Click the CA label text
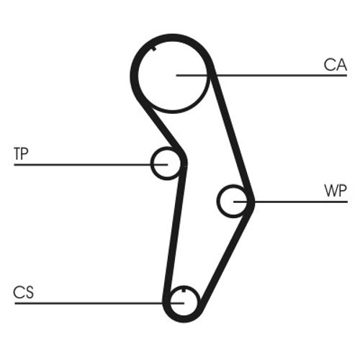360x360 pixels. (336, 65)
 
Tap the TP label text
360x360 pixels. (21, 153)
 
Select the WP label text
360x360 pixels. (336, 191)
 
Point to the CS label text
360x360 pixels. (23, 292)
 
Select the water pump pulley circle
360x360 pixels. (218, 201)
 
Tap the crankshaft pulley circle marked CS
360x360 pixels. (199, 301)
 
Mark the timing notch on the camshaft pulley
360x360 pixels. (154, 49)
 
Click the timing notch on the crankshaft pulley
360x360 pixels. (184, 290)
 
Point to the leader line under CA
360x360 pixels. (261, 76)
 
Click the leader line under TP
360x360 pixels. (91, 165)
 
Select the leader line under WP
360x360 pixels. (291, 202)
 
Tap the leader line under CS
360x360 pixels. (99, 303)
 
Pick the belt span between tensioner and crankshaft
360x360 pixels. (175, 230)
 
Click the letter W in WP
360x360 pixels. (330, 191)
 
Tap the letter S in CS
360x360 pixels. (29, 292)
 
